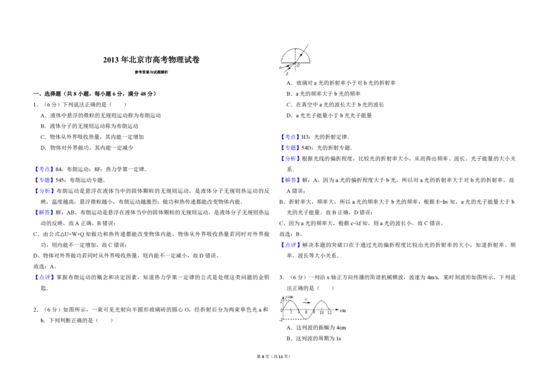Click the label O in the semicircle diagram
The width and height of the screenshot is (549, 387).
pos(298,66)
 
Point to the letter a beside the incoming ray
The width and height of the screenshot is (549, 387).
pos(280,68)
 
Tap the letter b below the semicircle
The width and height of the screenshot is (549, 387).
pos(287,73)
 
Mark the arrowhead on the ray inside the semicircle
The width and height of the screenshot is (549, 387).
pos(301,54)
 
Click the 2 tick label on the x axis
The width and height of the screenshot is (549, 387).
pos(290,312)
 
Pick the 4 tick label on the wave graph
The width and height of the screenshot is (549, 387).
pos(298,312)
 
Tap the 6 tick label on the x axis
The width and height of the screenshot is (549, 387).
pos(306,312)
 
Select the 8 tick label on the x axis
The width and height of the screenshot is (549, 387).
pos(314,312)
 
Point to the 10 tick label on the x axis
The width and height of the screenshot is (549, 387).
pos(321,312)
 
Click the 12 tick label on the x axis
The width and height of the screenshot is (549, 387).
pos(329,312)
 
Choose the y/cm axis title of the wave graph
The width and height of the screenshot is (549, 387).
pos(289,296)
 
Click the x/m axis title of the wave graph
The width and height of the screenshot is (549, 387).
pos(342,311)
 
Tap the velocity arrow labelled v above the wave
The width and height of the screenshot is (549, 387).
pos(306,302)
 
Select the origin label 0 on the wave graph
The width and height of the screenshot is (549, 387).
pos(281,311)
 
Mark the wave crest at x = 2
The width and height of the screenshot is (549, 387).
pos(290,301)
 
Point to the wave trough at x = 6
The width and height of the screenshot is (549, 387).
pos(305,319)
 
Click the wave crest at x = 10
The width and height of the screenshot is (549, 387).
pos(321,301)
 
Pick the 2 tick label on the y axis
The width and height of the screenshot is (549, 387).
pos(281,301)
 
